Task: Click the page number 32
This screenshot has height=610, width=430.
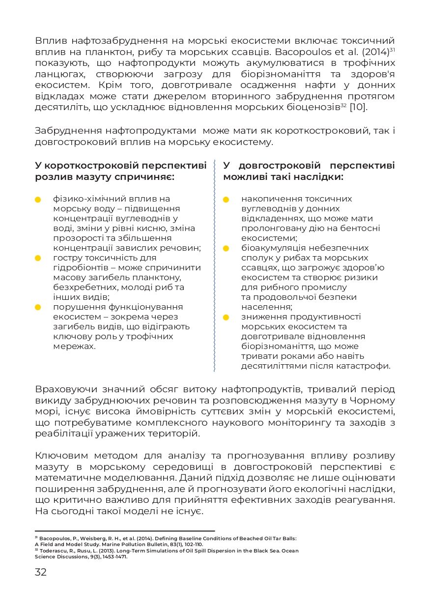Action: [41, 572]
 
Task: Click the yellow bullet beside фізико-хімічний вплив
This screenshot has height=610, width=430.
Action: [38, 200]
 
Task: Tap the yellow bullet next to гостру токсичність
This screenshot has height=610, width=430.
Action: [38, 258]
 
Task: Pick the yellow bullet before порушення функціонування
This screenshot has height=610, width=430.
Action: [38, 307]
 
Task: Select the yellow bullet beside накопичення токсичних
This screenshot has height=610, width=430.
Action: [226, 200]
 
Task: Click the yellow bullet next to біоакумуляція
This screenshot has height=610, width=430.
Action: [226, 248]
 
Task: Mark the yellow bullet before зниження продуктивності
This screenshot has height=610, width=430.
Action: [226, 317]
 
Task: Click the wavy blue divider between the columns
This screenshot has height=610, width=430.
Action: [215, 265]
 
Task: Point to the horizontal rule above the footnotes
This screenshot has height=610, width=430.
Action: [125, 531]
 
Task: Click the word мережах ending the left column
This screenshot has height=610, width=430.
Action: [74, 347]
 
